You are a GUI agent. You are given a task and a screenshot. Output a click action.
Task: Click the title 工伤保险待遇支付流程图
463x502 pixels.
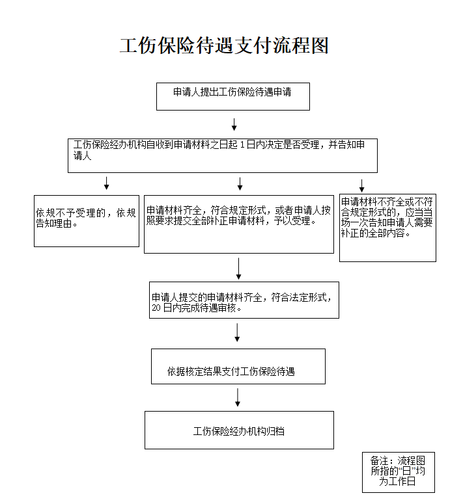coord(225,46)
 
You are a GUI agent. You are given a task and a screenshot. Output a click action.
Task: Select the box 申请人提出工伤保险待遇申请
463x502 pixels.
coord(232,96)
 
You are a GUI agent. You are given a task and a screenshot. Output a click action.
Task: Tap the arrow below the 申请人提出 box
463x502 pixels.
coord(234,124)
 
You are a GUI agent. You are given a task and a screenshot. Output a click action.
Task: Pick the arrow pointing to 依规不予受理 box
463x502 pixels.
coord(107,183)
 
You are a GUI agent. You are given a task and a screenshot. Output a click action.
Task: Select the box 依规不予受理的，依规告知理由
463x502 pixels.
coord(87,220)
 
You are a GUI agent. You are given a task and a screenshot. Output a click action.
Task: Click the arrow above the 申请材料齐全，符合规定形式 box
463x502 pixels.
coord(240,183)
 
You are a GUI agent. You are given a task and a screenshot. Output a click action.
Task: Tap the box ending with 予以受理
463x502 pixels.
coord(238,224)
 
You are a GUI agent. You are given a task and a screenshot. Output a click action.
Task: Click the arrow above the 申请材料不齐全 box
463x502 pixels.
coord(362,185)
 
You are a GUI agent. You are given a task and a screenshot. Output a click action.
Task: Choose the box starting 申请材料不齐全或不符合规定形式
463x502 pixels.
coord(387,228)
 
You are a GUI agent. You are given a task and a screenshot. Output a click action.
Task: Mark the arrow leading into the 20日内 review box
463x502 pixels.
coord(240,268)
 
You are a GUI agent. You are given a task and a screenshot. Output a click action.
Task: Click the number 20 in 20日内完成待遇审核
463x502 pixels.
coord(156,309)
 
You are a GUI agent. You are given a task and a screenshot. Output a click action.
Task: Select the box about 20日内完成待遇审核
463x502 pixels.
coord(244,300)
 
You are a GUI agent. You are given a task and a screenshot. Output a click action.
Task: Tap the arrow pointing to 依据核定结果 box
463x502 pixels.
coord(237,332)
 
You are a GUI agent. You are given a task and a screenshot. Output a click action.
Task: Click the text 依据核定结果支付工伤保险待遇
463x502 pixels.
coord(231,372)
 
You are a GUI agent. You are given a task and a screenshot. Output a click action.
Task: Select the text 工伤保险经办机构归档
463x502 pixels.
coord(239,430)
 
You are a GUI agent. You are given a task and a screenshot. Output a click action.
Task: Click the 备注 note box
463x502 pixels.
coord(398,472)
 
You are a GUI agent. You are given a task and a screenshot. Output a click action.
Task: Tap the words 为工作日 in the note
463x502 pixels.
coord(397,482)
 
